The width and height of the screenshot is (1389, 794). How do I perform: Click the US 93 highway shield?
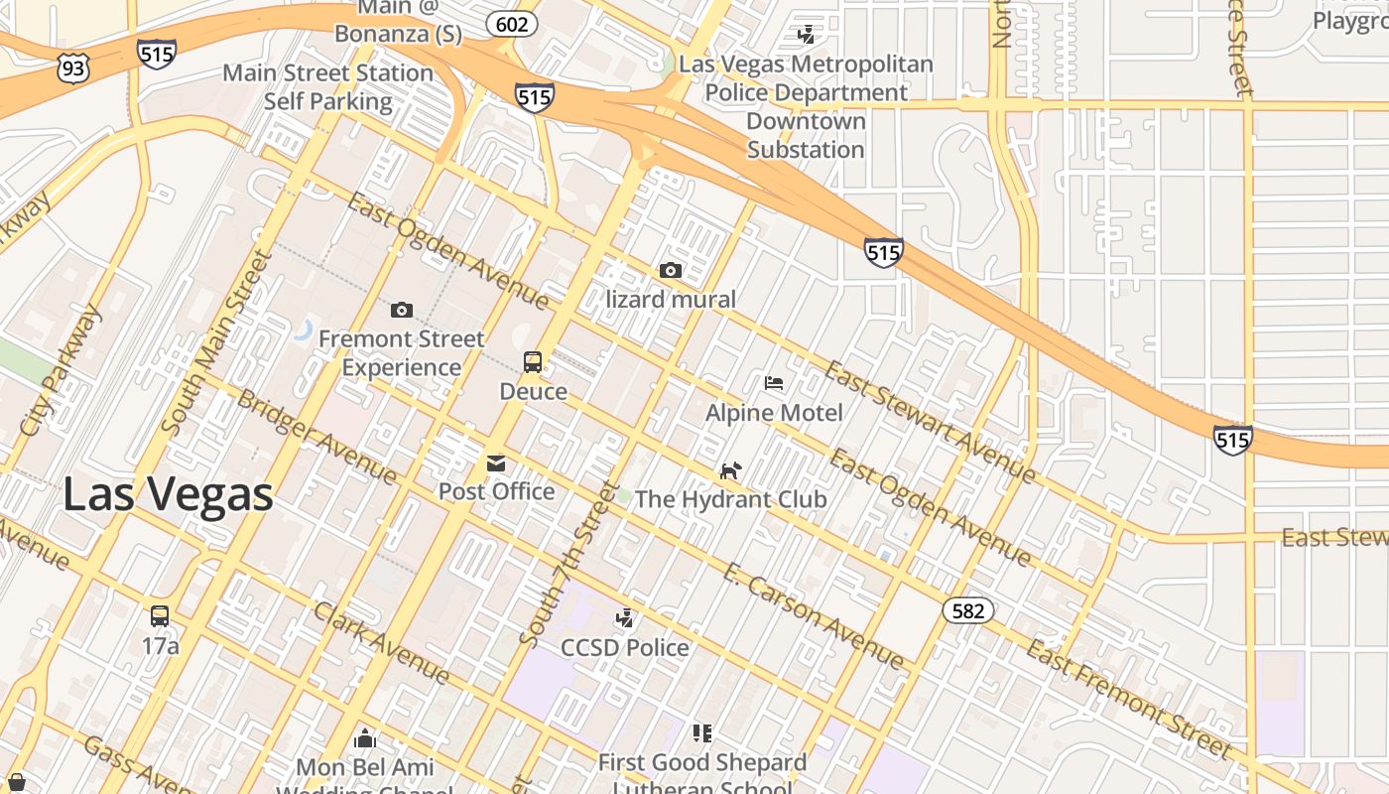tap(73, 67)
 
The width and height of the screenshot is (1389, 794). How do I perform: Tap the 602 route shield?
tap(512, 24)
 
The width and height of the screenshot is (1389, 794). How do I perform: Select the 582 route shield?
tap(967, 610)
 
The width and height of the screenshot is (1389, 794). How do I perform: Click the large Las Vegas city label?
tap(168, 494)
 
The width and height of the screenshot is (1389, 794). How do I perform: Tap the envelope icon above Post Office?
tap(495, 463)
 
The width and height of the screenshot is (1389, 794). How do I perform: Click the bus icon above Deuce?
tap(533, 362)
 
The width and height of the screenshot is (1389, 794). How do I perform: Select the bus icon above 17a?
tap(160, 616)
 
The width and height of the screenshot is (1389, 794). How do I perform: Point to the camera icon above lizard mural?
tap(671, 270)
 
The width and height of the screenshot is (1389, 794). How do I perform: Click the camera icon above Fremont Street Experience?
tap(401, 310)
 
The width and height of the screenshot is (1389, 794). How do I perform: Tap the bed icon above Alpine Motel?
tap(774, 383)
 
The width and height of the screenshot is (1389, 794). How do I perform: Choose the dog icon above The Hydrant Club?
tap(730, 470)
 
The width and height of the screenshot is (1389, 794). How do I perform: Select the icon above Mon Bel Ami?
tap(365, 738)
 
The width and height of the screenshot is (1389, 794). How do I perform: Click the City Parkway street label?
tap(62, 370)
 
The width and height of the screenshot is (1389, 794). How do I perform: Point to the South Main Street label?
tap(216, 342)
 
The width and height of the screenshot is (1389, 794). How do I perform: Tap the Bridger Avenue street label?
tap(316, 438)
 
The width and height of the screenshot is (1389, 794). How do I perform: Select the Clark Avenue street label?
tap(381, 642)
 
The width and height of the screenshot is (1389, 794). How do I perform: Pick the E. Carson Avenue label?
tap(813, 615)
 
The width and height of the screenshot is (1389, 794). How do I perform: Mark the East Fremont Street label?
tap(1129, 699)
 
